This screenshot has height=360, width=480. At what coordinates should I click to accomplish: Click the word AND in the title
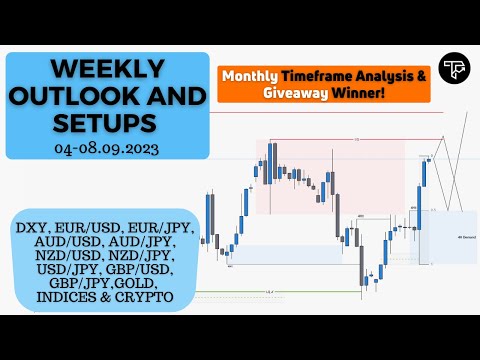(x=144, y=98)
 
